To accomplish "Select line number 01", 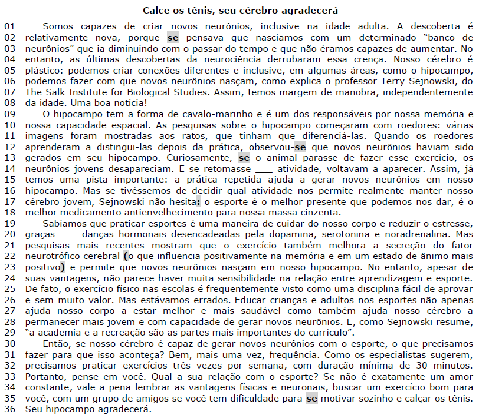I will point(10,27).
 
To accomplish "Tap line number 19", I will point(10,224).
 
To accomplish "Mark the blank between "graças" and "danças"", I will point(69,234).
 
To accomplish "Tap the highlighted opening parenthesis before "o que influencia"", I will point(125,256).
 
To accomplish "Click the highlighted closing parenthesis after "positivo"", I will point(63,267).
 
